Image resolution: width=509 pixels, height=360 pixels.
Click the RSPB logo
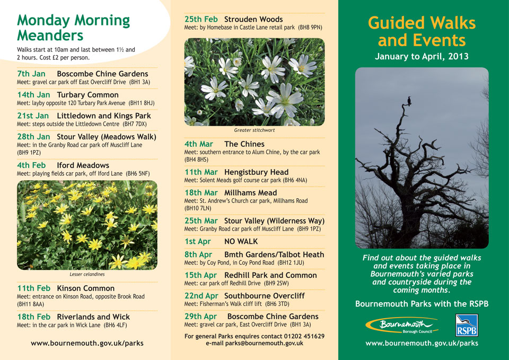(467, 325)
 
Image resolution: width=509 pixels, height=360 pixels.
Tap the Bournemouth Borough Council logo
(402, 325)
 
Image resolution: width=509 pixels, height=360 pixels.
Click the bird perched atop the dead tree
(409, 101)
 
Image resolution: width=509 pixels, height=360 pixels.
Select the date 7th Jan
(31, 74)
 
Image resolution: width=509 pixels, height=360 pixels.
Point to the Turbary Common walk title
(87, 95)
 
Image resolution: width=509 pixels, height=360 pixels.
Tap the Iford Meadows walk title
(83, 165)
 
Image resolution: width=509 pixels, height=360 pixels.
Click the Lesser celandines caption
(87, 274)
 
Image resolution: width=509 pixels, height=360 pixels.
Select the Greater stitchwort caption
(254, 130)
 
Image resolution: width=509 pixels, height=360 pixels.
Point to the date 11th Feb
(34, 288)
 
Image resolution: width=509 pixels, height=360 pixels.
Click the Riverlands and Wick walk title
(93, 317)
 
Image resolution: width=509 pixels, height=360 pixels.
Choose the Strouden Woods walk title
(253, 19)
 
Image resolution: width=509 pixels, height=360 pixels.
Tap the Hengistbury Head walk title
(257, 172)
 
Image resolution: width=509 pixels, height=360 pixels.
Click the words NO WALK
(241, 242)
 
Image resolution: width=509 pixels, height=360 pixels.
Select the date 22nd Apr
(201, 296)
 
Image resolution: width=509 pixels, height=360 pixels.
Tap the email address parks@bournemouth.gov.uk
(264, 343)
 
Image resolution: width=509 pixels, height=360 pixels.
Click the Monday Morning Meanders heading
(73, 28)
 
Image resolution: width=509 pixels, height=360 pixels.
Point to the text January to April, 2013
(422, 57)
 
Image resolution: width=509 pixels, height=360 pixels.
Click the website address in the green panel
(422, 343)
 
